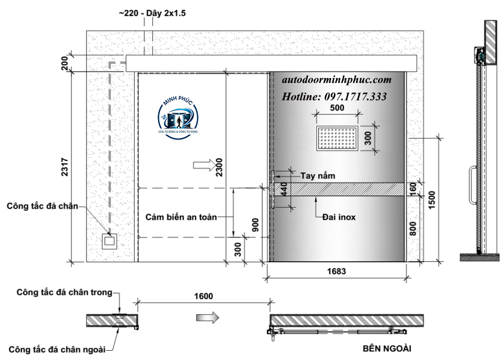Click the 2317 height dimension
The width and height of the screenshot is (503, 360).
point(65,167)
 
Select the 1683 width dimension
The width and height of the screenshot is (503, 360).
point(336,272)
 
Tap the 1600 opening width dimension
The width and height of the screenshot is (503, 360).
point(203,296)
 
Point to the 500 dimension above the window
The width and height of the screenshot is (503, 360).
point(337,108)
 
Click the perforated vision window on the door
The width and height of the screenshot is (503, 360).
point(337,138)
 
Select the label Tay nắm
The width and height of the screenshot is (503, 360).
point(318,176)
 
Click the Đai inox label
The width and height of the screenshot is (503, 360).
point(339,217)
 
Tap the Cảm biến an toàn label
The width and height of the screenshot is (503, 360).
point(181,217)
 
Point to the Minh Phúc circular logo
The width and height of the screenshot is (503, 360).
point(178,118)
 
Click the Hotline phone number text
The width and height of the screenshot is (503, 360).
point(334,97)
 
